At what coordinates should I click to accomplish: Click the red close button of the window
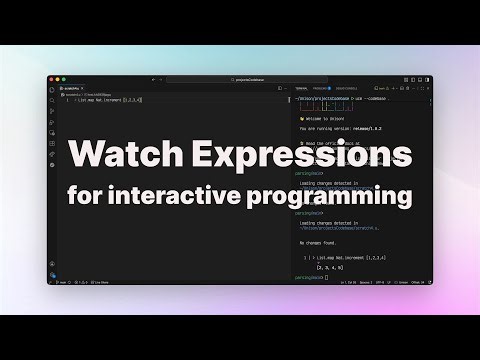pyautogui.click(x=53, y=79)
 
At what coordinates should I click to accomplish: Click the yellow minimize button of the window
pyautogui.click(x=59, y=79)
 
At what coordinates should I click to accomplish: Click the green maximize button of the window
pyautogui.click(x=65, y=79)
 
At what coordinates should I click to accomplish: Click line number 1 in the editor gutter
pyautogui.click(x=67, y=100)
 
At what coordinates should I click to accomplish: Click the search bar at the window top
pyautogui.click(x=240, y=79)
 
